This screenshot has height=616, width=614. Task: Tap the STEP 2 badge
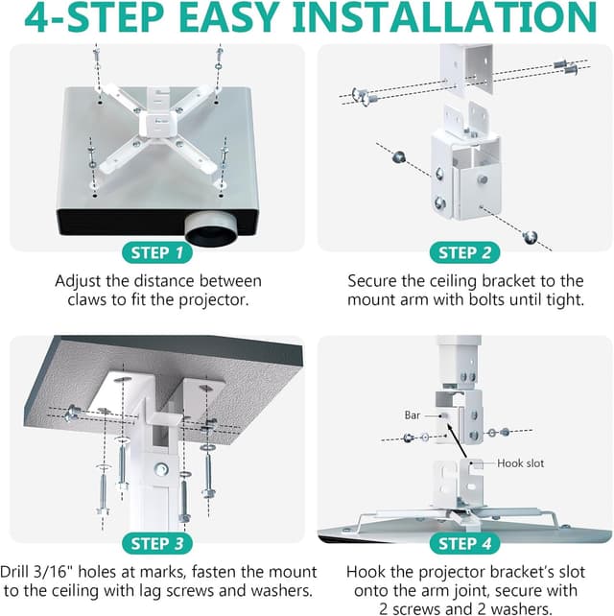click(464, 253)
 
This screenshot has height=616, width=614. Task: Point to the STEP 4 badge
click(464, 544)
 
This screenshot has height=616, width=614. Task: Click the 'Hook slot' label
click(520, 463)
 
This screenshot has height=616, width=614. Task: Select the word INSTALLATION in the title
click(450, 19)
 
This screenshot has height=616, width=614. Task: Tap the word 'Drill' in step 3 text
click(20, 569)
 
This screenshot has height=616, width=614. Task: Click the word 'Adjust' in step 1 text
click(81, 280)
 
